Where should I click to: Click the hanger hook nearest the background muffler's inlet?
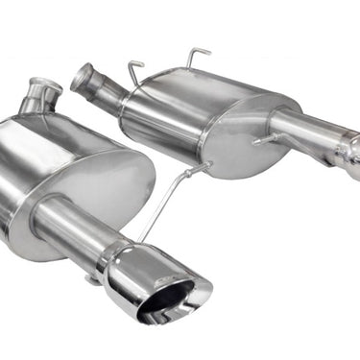[x=135, y=68]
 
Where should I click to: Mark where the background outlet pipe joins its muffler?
[x=279, y=121]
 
